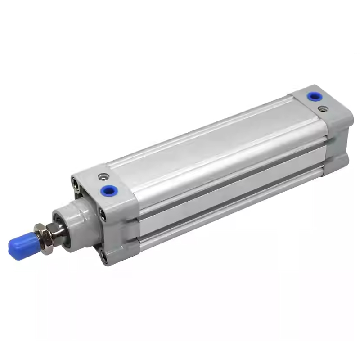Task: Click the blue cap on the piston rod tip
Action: [x=20, y=245]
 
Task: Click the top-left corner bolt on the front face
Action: [x=74, y=182]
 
